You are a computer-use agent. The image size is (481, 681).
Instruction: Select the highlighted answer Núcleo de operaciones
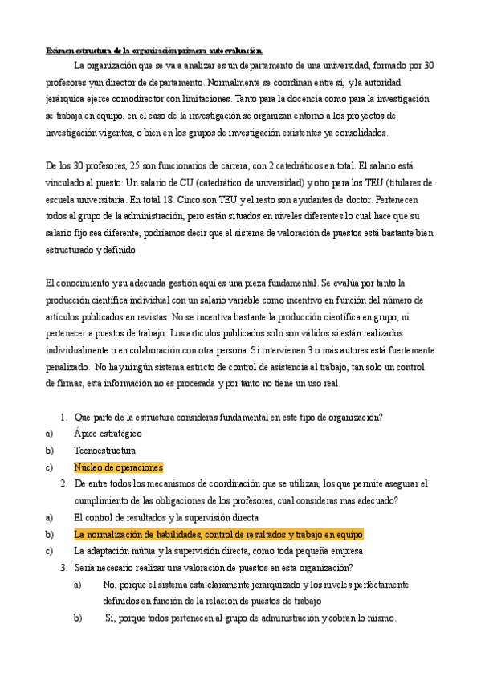[x=118, y=467]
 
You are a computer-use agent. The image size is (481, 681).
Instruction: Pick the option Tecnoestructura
[x=104, y=451]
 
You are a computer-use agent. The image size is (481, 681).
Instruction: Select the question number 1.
[x=63, y=417]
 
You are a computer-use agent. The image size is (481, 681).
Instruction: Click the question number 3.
[x=63, y=568]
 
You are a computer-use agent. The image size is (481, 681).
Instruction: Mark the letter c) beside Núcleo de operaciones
[x=50, y=467]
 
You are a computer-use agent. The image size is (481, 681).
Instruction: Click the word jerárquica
[x=65, y=99]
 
